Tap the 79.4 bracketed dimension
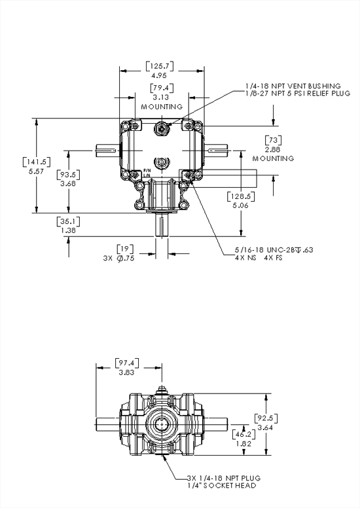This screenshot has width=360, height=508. pos(161,88)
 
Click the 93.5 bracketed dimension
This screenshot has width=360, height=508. pos(68,175)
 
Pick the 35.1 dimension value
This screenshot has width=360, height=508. pos(68,221)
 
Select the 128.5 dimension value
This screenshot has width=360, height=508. pos(241,196)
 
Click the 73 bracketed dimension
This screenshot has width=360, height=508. pos(273,140)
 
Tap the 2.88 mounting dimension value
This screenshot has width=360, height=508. pos(273,149)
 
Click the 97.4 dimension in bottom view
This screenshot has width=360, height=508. pos(128,363)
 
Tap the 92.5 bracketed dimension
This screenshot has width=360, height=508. pos(266,417)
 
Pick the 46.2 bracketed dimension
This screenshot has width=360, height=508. pos(243,433)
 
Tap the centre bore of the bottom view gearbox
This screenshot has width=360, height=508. pos(161,425)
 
